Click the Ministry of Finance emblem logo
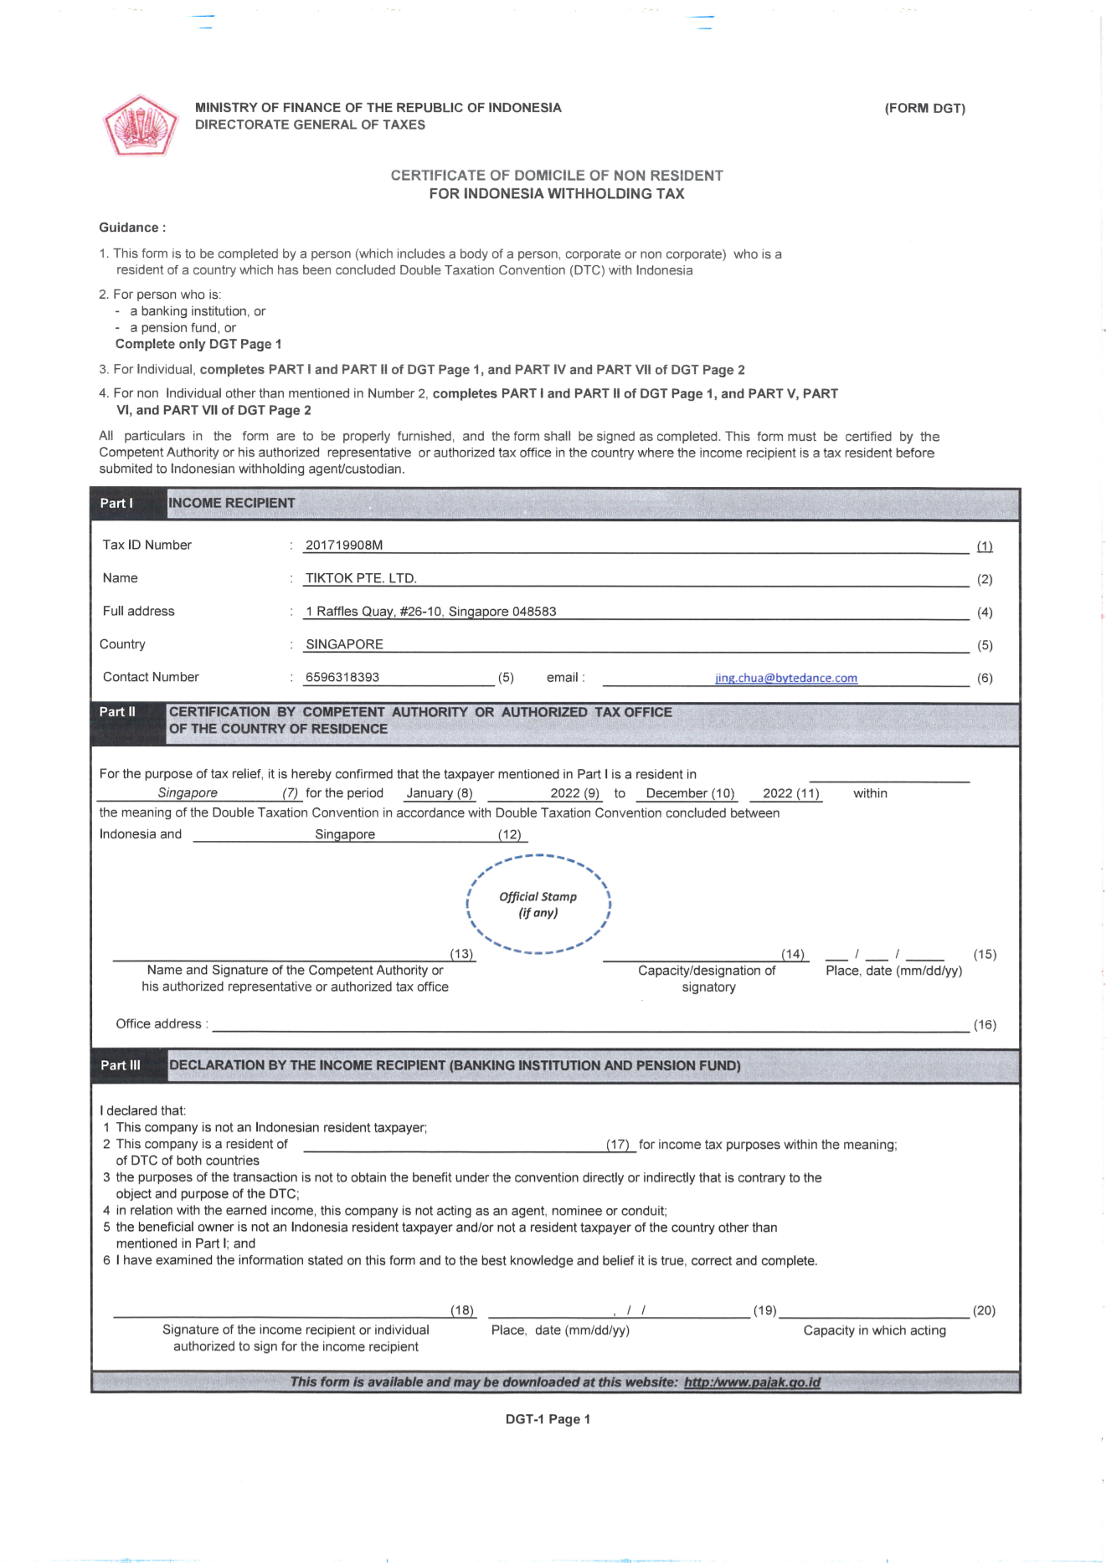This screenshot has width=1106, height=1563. [x=140, y=126]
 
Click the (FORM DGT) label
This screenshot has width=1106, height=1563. [x=924, y=108]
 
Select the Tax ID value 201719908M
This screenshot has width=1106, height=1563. [x=344, y=546]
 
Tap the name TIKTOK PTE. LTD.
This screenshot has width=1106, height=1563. [x=361, y=578]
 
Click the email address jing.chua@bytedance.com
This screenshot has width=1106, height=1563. [x=785, y=678]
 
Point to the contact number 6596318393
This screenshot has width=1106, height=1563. [x=342, y=677]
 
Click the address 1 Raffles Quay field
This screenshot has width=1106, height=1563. [x=430, y=612]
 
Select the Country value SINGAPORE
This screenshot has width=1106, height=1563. [x=344, y=644]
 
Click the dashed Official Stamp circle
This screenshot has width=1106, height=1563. [x=538, y=904]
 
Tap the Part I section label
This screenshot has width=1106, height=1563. [x=116, y=503]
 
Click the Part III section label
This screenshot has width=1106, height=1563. [x=121, y=1065]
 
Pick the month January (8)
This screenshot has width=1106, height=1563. [x=440, y=793]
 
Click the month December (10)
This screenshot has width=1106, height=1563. [x=690, y=793]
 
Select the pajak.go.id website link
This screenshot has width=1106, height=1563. [x=752, y=1382]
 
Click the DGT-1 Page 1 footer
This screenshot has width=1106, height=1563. [x=548, y=1419]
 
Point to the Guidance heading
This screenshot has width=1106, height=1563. [x=132, y=228]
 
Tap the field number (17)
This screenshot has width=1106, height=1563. [x=618, y=1144]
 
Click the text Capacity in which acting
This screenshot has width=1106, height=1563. [x=874, y=1330]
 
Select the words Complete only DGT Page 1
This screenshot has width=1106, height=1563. [x=198, y=344]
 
